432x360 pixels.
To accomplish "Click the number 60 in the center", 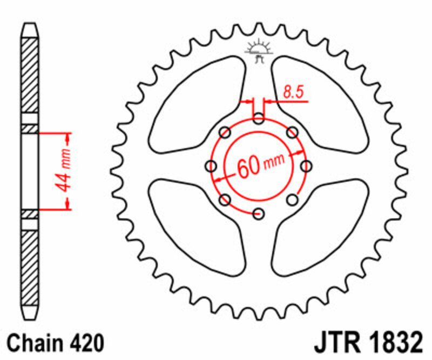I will [x=247, y=168].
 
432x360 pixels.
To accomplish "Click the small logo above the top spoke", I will [x=259, y=50].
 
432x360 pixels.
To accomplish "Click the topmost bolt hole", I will [x=259, y=119].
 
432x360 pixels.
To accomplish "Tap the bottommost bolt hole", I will [x=259, y=213].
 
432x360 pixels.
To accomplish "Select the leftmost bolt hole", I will [x=211, y=166].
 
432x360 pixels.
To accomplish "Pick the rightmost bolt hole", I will [x=306, y=166].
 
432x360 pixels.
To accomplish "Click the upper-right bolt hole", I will [x=292, y=132].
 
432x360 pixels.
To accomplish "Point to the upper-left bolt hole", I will [x=225, y=132].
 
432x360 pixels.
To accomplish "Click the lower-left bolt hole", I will [x=225, y=200].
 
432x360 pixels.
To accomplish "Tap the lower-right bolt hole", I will [x=292, y=200].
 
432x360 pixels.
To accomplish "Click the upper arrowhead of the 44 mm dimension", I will [x=68, y=136].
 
